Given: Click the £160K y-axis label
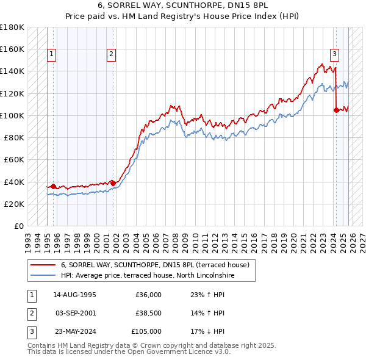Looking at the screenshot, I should pos(12,49).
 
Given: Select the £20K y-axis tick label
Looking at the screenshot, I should pos(14,204).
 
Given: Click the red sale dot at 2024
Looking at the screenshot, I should pos(336,110).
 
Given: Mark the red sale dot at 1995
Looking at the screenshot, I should pos(53,186).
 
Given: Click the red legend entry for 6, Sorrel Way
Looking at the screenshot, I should pos(155,265).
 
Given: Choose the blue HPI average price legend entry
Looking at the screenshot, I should pos(148,276).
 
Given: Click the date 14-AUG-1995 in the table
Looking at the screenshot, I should pos(74,295).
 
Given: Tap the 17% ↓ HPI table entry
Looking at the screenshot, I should pos(207,331).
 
